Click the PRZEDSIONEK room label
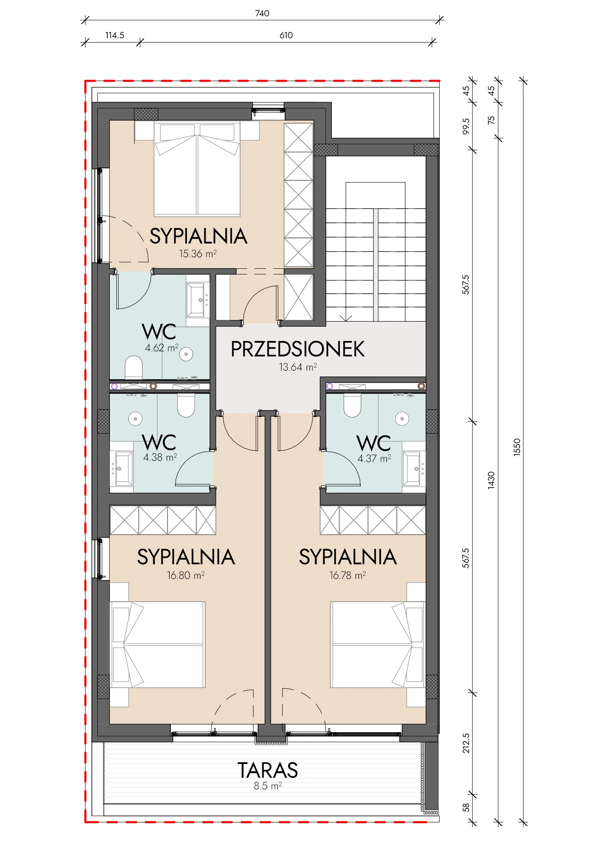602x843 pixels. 298,349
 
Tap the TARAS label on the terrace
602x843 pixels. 268,770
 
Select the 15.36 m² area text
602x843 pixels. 198,254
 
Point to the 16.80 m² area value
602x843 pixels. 185,575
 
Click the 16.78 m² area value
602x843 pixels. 347,575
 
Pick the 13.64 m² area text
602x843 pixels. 298,367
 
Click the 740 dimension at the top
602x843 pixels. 262,13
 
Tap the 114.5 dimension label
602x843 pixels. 115,35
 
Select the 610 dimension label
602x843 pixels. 286,35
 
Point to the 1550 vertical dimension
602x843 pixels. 517,447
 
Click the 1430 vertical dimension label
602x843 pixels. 491,480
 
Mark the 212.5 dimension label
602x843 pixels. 466,743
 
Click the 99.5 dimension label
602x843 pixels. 466,127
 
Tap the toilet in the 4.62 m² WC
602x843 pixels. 134,367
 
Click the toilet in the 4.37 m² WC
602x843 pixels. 352,406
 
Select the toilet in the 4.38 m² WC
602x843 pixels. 186,406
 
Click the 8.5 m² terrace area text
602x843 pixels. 268,786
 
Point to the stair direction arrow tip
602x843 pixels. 346,321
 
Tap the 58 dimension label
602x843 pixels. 466,808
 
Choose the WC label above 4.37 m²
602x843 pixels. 374,443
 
